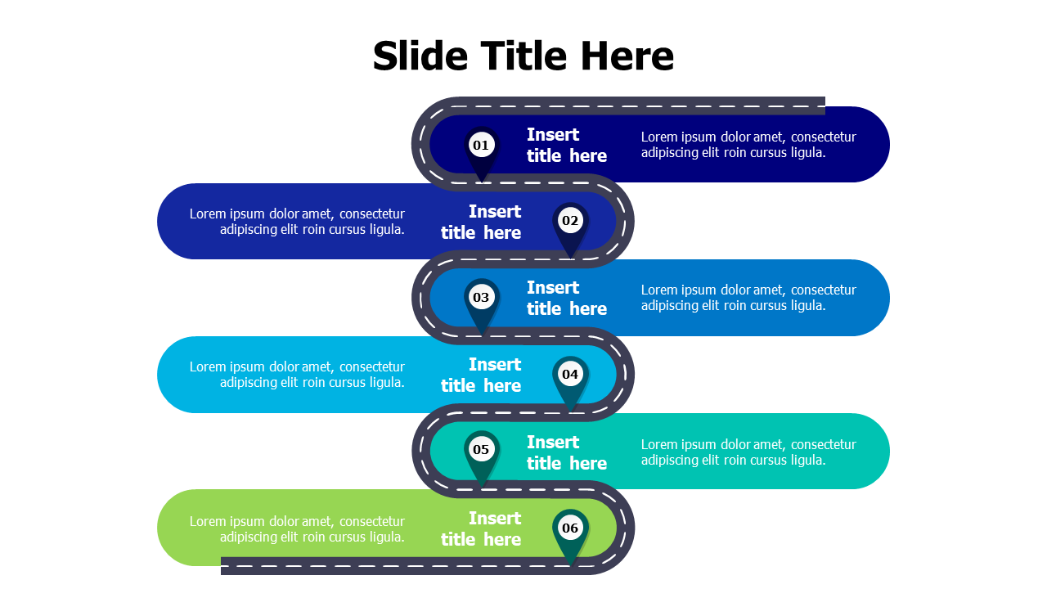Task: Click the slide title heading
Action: click(x=523, y=56)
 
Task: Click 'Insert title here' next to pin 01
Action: click(x=566, y=145)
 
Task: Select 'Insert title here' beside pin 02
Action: click(x=481, y=222)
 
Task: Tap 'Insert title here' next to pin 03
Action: click(x=566, y=298)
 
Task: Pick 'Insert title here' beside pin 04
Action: click(x=481, y=375)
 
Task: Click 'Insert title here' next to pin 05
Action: click(x=566, y=452)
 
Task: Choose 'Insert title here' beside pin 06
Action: click(x=481, y=528)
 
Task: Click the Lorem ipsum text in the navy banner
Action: click(x=748, y=145)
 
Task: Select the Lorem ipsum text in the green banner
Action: click(x=297, y=529)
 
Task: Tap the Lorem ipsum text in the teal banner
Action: click(x=748, y=452)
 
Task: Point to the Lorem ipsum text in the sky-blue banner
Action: click(x=297, y=375)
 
